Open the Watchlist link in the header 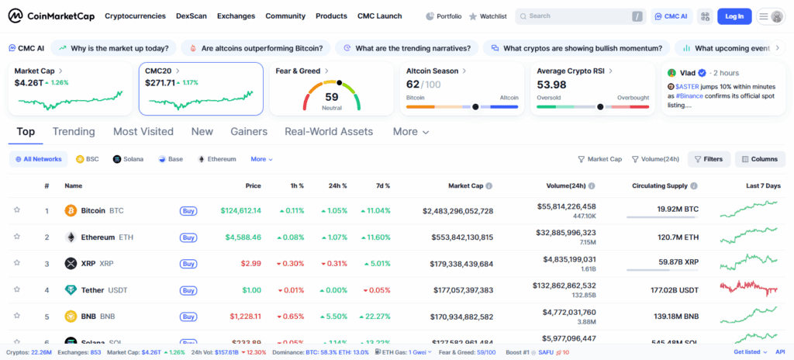(x=489, y=16)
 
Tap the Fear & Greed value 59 (x=332, y=97)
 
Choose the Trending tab (x=74, y=132)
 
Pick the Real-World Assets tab (x=329, y=132)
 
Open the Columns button (x=759, y=159)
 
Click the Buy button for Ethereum (x=188, y=237)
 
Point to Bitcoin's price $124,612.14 (x=241, y=210)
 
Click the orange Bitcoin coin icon (x=71, y=210)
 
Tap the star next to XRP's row (x=16, y=263)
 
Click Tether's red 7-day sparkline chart (x=748, y=289)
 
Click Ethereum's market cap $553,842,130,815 (x=458, y=237)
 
